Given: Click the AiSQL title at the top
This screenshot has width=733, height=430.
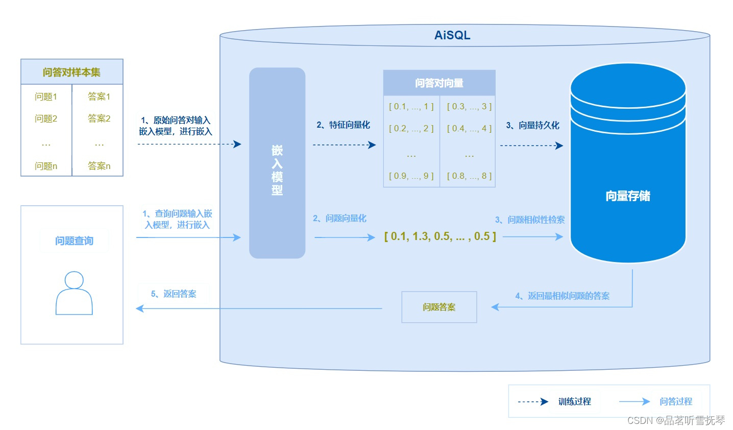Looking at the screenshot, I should pyautogui.click(x=452, y=35).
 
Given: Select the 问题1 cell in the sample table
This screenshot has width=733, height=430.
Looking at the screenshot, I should pyautogui.click(x=46, y=97).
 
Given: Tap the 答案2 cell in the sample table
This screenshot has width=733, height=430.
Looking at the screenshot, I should pyautogui.click(x=99, y=118).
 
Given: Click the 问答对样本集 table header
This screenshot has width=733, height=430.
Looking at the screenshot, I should pyautogui.click(x=71, y=72).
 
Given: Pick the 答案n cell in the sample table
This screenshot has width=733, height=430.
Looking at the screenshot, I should pyautogui.click(x=99, y=166).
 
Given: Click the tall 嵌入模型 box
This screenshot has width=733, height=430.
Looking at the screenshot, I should pyautogui.click(x=277, y=163).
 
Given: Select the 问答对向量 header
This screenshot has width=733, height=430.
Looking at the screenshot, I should pyautogui.click(x=439, y=83).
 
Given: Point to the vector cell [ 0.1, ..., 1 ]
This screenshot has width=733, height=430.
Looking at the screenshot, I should pyautogui.click(x=411, y=107).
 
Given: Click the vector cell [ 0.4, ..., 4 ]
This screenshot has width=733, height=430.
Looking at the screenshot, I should pyautogui.click(x=469, y=129).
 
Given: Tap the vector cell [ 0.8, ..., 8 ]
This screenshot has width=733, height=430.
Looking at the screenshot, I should pyautogui.click(x=469, y=176).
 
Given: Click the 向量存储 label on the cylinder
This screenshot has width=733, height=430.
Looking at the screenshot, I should pyautogui.click(x=627, y=196).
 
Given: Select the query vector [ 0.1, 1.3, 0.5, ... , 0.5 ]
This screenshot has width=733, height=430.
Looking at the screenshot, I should pyautogui.click(x=440, y=236).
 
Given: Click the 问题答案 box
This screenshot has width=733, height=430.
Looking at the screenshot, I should pyautogui.click(x=439, y=307).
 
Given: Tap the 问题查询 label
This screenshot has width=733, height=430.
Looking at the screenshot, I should pyautogui.click(x=74, y=241).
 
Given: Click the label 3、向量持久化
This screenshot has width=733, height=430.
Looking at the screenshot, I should pyautogui.click(x=532, y=125).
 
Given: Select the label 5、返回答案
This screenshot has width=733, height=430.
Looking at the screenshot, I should pyautogui.click(x=174, y=294).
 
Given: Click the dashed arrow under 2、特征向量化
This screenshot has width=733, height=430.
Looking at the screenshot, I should pyautogui.click(x=344, y=145).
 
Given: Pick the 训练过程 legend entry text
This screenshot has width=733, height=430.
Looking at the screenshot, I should pyautogui.click(x=574, y=401).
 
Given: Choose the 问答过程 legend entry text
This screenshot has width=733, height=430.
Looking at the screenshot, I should pyautogui.click(x=676, y=401).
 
